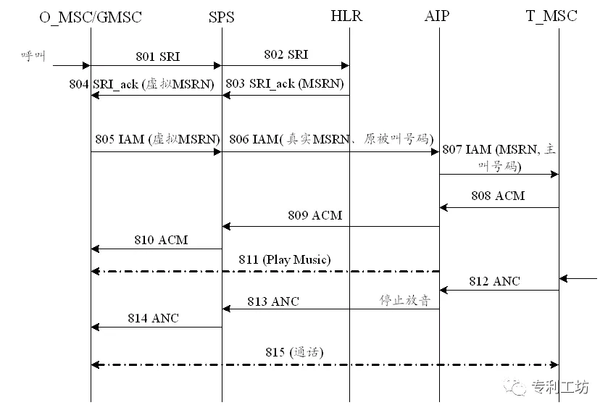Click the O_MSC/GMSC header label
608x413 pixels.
(91, 16)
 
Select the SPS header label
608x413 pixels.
(221, 17)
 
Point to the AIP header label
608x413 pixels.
(436, 16)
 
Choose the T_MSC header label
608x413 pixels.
(551, 16)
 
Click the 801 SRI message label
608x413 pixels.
(157, 56)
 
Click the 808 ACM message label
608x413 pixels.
(498, 196)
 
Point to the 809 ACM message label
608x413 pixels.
(315, 215)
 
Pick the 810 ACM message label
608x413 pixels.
(160, 239)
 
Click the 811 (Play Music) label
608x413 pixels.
(285, 259)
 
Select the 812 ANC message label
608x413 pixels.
(495, 281)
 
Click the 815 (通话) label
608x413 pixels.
(294, 353)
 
